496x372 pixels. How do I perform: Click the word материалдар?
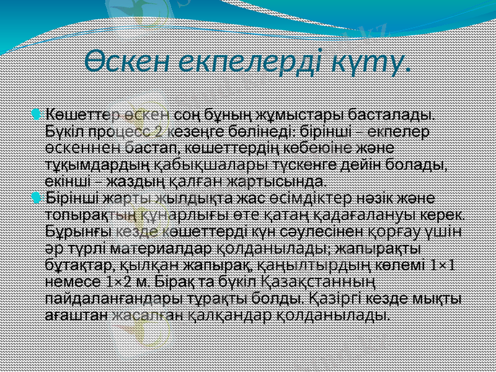tap(174, 248)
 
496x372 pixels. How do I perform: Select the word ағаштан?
tap(77, 314)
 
